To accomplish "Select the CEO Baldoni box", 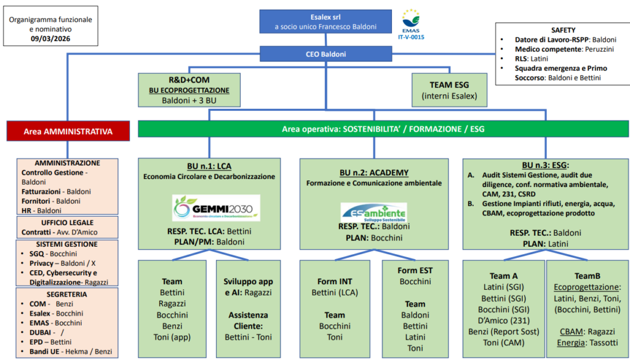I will [325, 54].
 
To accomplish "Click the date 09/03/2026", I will [50, 39].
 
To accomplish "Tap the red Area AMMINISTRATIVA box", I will [68, 131].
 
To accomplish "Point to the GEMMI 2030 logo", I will [216, 209].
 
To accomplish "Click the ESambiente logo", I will [373, 212].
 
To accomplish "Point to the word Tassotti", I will [604, 343].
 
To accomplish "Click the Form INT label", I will [335, 282].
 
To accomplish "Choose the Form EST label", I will [415, 270].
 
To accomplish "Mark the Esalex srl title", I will [325, 17].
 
